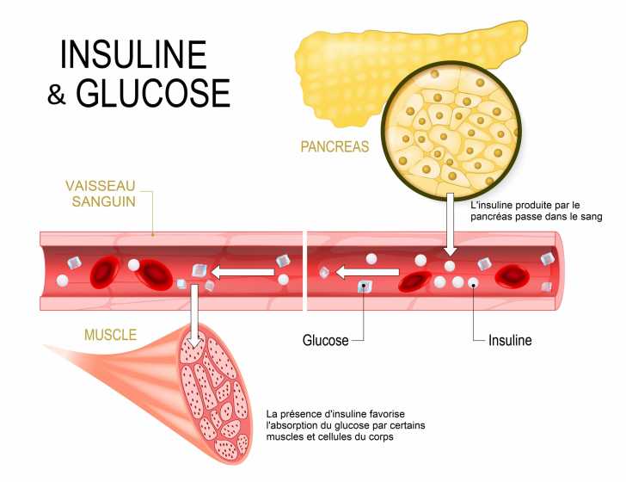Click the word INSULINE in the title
point(133,55)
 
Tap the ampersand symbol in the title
point(57,95)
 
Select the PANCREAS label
point(334,146)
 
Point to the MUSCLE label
point(110,335)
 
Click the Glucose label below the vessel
point(325,340)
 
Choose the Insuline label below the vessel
point(510,340)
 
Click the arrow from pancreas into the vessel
point(449,226)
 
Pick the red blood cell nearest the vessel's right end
point(512,275)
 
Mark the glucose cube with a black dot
point(365,287)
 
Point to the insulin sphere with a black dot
point(474,283)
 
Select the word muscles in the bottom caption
point(287,437)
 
